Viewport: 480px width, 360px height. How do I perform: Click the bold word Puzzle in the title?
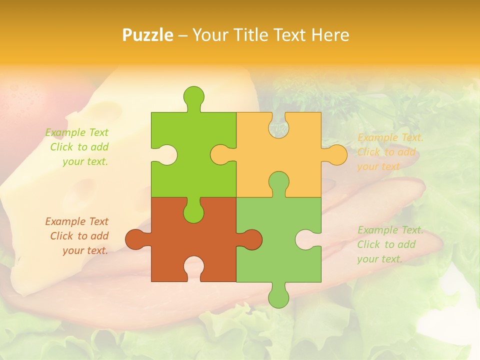(x=147, y=35)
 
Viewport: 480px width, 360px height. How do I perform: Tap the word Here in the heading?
(x=330, y=35)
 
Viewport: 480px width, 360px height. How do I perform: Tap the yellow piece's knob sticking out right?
(x=336, y=154)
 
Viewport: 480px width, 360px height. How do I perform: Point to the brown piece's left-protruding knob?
(x=135, y=239)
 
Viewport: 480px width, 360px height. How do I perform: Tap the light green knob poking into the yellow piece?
(x=278, y=182)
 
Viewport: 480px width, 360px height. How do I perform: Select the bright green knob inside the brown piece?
(x=193, y=211)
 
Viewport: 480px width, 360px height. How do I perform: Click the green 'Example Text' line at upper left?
(x=76, y=132)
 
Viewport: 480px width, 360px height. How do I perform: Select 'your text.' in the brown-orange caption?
(x=85, y=250)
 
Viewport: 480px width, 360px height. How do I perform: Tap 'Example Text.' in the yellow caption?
(x=390, y=137)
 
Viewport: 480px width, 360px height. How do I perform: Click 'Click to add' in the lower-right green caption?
(x=386, y=244)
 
